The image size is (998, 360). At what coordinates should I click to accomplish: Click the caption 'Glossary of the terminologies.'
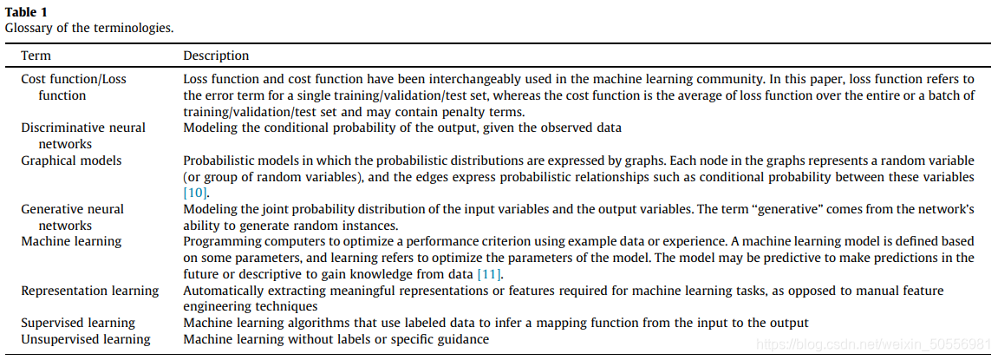[x=89, y=27]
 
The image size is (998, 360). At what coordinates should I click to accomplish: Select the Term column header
[x=36, y=56]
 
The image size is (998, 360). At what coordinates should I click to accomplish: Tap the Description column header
[x=216, y=56]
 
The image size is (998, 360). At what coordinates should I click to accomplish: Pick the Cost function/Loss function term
[x=73, y=87]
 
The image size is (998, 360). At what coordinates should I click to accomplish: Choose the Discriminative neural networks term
[x=83, y=135]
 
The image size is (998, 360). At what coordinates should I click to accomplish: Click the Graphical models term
[x=71, y=160]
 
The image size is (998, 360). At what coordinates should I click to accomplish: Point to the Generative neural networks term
[x=72, y=216]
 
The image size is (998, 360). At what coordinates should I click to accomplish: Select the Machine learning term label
[x=71, y=240]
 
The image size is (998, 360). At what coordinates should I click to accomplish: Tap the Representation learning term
[x=89, y=291]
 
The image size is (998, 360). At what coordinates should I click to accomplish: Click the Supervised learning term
[x=78, y=323]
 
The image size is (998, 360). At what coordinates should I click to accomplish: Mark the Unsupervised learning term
[x=85, y=339]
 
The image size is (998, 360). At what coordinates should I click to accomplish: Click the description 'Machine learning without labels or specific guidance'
[x=336, y=339]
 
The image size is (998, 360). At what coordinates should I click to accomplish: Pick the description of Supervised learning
[x=495, y=323]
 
